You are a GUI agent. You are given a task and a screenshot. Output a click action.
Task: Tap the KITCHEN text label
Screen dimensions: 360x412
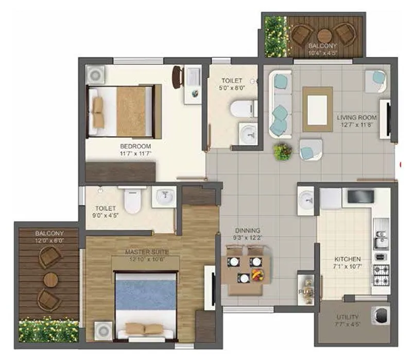pos(348,259)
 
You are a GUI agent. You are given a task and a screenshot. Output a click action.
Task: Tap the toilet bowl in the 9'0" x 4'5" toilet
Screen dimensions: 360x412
pos(133,201)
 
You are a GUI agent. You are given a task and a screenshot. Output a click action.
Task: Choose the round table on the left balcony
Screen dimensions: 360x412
pos(50,280)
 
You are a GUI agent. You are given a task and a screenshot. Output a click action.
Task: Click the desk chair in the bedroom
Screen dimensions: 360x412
pos(177,77)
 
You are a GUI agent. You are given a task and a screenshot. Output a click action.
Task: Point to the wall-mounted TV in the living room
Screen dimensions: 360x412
pos(384,119)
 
